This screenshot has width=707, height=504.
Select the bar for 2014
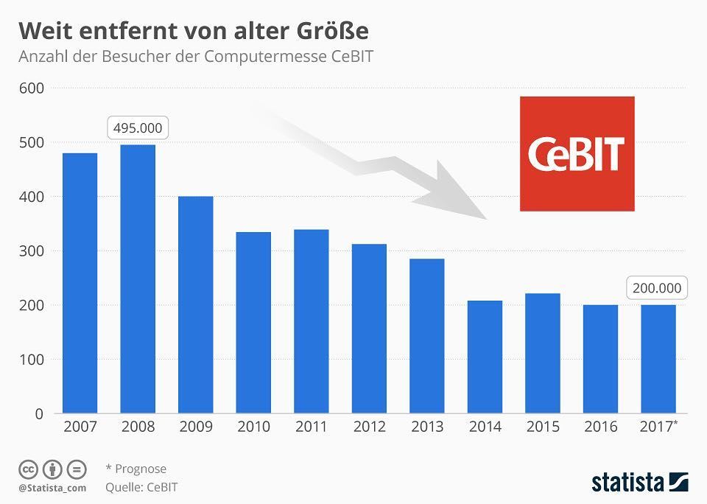pos(485,357)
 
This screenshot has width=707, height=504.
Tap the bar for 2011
pos(311,321)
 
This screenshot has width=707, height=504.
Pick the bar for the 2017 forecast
pos(658,359)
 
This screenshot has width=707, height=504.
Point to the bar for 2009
pos(195,304)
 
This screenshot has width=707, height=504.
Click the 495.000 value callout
pos(138,127)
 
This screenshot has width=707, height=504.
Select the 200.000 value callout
pos(657,288)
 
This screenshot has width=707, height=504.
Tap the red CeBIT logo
pos(577,153)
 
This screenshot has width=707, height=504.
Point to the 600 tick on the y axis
pos(33,88)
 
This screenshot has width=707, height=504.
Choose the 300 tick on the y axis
pos(33,251)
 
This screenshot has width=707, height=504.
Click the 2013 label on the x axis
pos(427,427)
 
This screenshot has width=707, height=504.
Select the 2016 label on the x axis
pos(600,427)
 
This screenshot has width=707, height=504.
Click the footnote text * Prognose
pos(136,469)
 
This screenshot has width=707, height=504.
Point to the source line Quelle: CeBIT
pos(141,486)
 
